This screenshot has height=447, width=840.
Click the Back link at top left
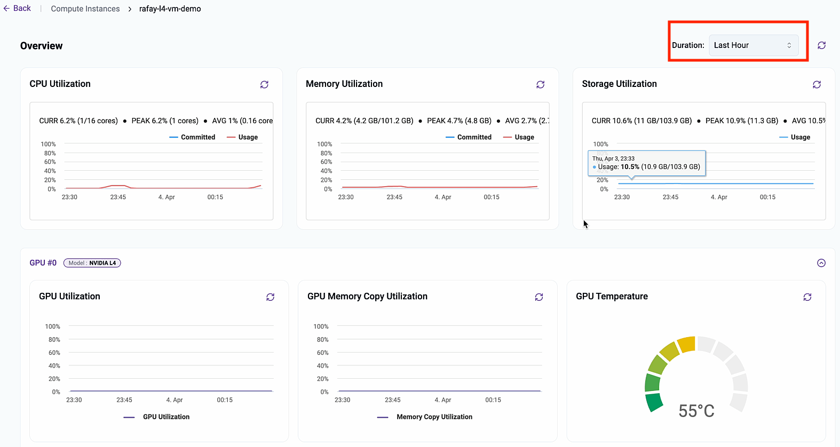(x=17, y=9)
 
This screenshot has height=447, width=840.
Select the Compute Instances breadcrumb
(x=85, y=9)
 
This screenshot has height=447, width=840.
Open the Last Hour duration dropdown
(x=753, y=45)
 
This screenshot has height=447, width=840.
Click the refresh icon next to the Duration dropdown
(x=821, y=45)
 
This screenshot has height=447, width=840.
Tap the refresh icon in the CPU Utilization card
(x=264, y=84)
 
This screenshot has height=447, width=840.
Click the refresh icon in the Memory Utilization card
(x=540, y=84)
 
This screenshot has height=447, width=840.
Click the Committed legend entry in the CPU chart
(x=193, y=137)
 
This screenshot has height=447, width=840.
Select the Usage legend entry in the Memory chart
(x=519, y=137)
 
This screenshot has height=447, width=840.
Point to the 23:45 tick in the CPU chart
(x=118, y=197)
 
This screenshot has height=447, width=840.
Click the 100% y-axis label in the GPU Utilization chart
(x=52, y=326)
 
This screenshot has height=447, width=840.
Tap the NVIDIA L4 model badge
(x=92, y=263)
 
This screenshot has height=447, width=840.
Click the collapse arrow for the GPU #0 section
(x=821, y=263)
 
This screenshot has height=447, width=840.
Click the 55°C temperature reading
(x=696, y=411)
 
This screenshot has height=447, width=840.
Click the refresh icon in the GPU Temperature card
(x=807, y=297)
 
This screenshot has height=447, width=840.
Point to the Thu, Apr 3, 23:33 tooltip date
(x=613, y=158)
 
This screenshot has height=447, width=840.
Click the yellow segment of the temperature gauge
(x=687, y=345)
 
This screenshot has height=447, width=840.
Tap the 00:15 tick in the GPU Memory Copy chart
(x=493, y=400)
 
